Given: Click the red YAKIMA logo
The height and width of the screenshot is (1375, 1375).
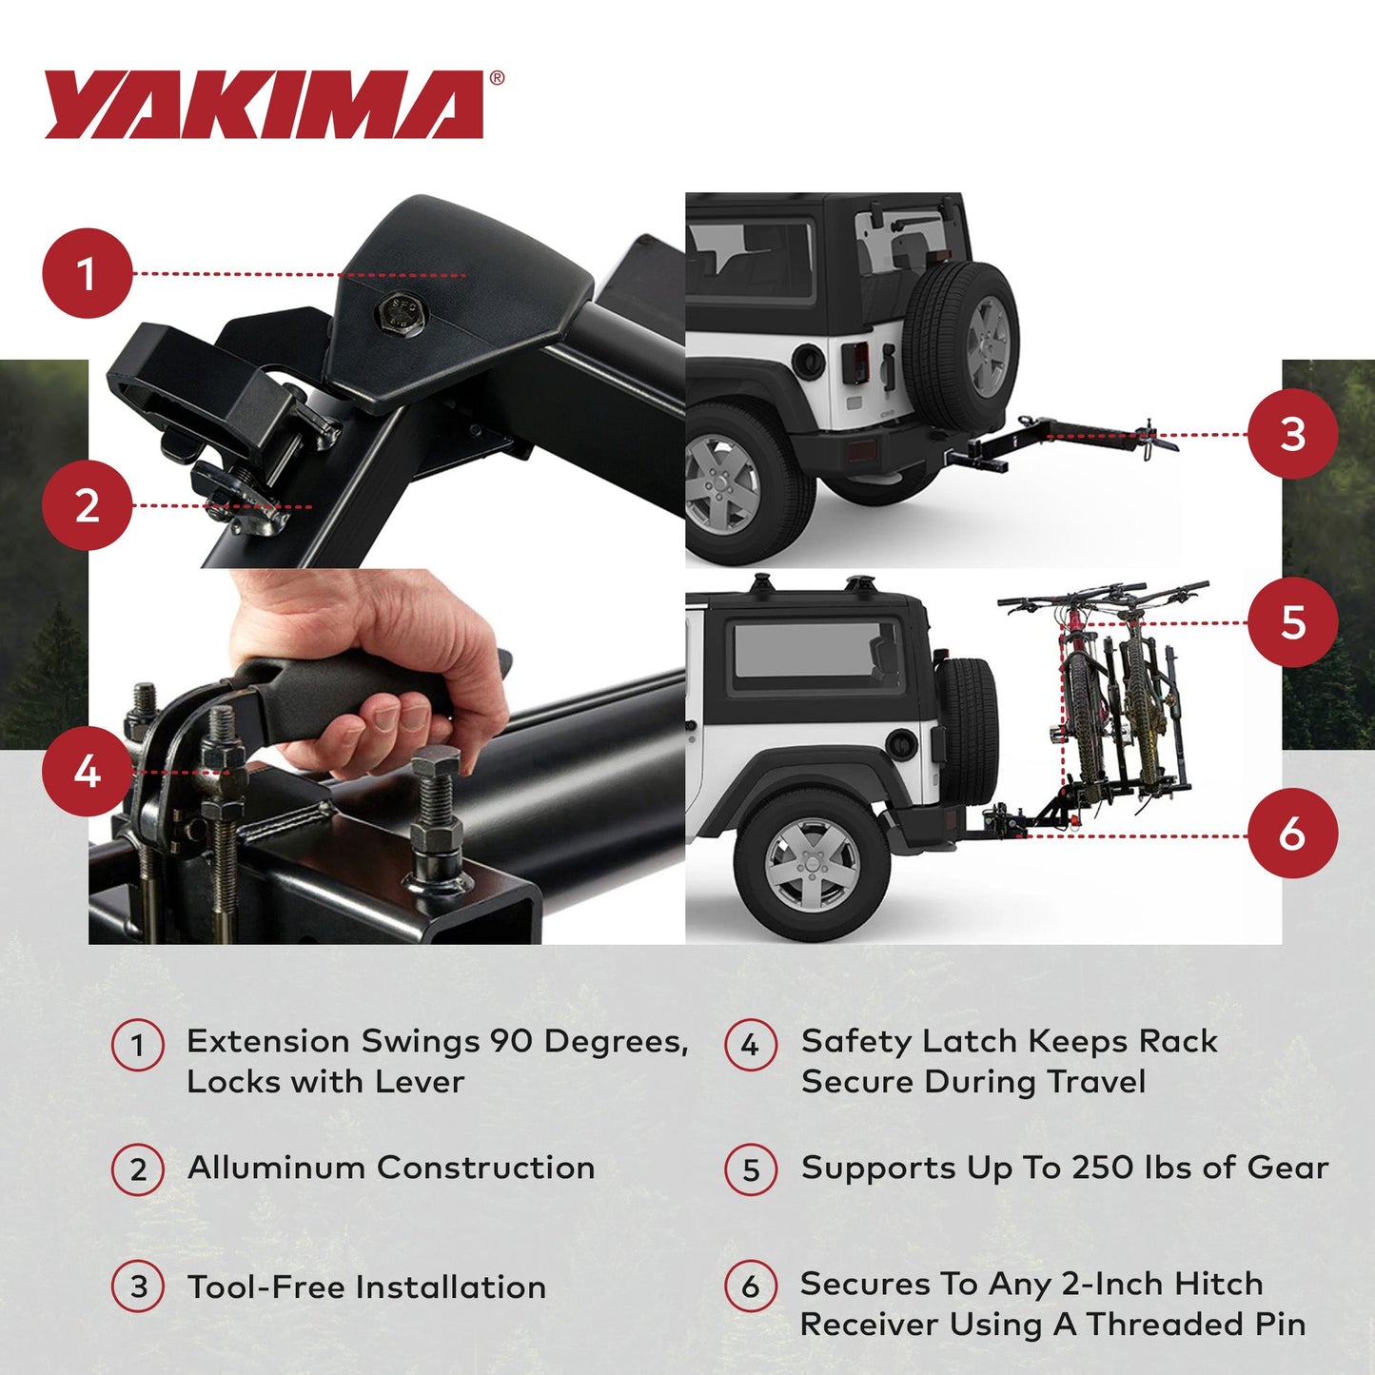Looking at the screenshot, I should tap(265, 105).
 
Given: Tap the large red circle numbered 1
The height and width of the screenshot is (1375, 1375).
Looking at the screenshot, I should tap(87, 273).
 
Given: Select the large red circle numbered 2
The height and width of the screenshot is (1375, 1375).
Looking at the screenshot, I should tap(87, 504).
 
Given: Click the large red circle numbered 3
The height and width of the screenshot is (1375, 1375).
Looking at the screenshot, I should tap(1292, 434).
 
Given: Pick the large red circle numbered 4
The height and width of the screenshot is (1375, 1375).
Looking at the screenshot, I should tap(87, 771).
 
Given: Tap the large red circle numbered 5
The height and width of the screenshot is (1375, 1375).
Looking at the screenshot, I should tap(1292, 622).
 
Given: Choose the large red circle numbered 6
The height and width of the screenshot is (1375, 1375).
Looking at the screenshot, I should tap(1292, 834).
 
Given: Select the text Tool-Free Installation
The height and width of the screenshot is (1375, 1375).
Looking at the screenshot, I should tap(366, 1287).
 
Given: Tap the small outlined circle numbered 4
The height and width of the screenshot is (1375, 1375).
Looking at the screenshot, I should tap(751, 1045).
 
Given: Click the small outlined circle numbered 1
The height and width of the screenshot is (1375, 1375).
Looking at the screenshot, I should tap(138, 1045).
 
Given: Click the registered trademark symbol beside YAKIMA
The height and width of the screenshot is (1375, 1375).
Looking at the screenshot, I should tap(497, 79).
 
